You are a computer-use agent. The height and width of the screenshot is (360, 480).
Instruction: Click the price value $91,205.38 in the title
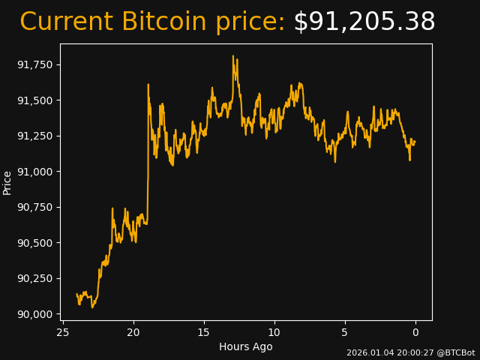(x=364, y=22)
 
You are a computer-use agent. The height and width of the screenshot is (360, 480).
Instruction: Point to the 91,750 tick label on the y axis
(x=35, y=64)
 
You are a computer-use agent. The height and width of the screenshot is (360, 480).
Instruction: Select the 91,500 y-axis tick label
(x=35, y=100)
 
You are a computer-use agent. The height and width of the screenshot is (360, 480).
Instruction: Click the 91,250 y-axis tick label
(x=35, y=136)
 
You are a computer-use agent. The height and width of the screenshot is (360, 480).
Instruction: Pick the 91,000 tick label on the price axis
(x=35, y=172)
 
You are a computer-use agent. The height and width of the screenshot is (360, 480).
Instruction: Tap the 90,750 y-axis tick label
(x=35, y=207)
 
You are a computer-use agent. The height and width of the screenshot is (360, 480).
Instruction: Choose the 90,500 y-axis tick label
(x=35, y=243)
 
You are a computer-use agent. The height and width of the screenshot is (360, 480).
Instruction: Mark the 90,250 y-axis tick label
(x=35, y=278)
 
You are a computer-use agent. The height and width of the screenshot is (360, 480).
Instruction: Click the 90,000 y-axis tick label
(x=35, y=314)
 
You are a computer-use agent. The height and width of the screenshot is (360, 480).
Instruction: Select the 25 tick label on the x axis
(x=63, y=332)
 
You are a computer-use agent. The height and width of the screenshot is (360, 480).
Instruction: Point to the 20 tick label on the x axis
(x=133, y=332)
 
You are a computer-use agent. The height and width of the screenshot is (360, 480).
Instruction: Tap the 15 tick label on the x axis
(x=204, y=332)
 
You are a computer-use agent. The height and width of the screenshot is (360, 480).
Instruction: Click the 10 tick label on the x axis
(x=274, y=332)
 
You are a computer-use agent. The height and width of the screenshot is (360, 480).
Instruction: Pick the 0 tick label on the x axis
(x=415, y=332)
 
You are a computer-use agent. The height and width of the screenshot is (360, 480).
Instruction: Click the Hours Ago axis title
(x=246, y=346)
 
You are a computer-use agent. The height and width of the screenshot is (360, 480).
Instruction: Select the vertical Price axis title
(x=7, y=182)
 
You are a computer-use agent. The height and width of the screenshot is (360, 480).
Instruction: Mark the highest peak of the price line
(x=233, y=56)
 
